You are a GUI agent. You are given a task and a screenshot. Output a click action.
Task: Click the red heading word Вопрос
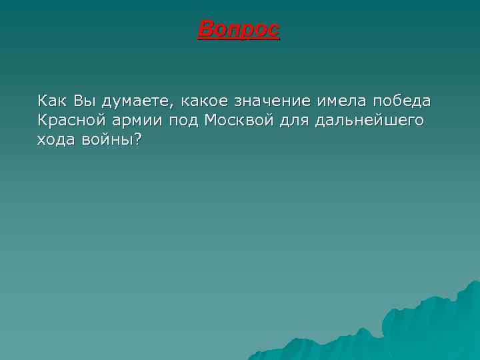[x=239, y=29]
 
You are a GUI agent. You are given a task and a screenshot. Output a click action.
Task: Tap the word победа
[x=402, y=101]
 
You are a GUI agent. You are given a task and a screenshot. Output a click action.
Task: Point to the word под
[x=185, y=122]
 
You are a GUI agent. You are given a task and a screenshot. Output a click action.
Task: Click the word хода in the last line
[x=55, y=140]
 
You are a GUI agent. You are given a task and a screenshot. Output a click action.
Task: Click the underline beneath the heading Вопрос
[x=239, y=39]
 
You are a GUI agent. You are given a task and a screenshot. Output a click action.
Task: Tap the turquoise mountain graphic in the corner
[x=413, y=327]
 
